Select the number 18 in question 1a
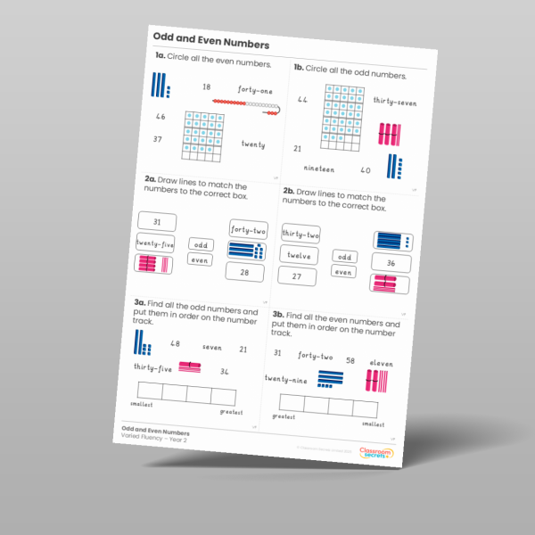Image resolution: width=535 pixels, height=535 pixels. [x=206, y=86]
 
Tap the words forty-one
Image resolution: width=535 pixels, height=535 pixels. [x=255, y=90]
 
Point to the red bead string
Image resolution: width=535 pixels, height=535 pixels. [x=246, y=106]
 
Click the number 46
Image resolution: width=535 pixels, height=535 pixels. [x=160, y=117]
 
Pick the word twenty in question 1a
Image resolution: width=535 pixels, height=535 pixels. [x=252, y=144]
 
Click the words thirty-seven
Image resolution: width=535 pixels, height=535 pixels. [x=395, y=102]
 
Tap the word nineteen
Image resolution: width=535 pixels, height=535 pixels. [x=318, y=168]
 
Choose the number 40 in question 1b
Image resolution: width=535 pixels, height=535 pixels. [x=365, y=169]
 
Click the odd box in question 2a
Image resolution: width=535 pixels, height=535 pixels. [x=201, y=244]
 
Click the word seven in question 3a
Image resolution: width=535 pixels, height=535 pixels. [x=212, y=348]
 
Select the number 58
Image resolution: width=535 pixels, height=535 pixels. [x=350, y=360]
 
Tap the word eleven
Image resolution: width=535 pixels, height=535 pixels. [x=381, y=364]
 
